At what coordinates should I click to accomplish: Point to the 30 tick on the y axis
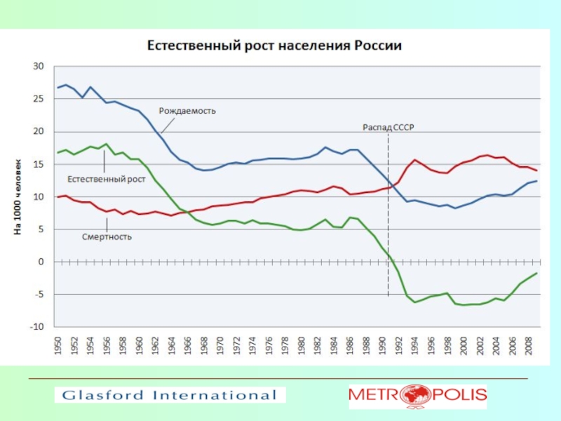pyautogui.click(x=39, y=67)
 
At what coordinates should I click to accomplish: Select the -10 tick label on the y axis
pyautogui.click(x=36, y=327)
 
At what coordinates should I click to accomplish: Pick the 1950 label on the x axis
pyautogui.click(x=58, y=347)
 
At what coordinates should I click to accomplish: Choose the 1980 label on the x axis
pyautogui.click(x=302, y=347)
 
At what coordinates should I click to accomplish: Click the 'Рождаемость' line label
pyautogui.click(x=187, y=111)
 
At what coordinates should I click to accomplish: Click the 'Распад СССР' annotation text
pyautogui.click(x=388, y=128)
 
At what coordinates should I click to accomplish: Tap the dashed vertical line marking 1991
pyautogui.click(x=388, y=210)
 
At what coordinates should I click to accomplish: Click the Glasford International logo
pyautogui.click(x=170, y=395)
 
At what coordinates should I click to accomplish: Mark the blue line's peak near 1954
pyautogui.click(x=90, y=87)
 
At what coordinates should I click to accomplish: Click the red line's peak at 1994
pyautogui.click(x=415, y=160)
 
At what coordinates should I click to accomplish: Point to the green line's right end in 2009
pyautogui.click(x=537, y=273)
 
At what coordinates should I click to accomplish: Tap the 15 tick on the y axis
pyautogui.click(x=39, y=164)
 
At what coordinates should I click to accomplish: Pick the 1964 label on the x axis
pyautogui.click(x=172, y=347)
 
